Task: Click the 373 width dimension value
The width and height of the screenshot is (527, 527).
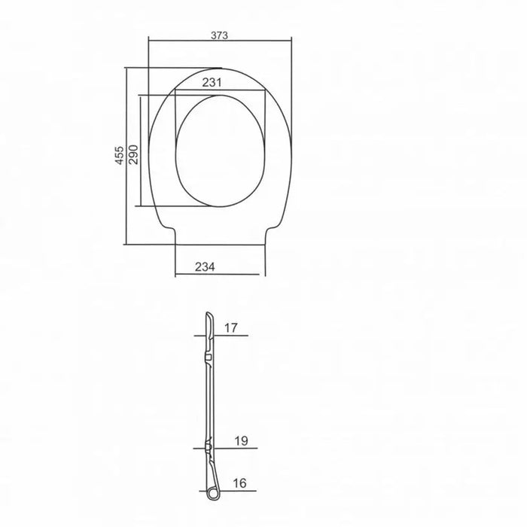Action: point(219,35)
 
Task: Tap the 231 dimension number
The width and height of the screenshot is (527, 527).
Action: point(212,83)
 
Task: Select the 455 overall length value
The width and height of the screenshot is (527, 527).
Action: point(120,155)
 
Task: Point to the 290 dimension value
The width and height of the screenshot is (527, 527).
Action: point(134,154)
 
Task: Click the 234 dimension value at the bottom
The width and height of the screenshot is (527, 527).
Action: point(205,267)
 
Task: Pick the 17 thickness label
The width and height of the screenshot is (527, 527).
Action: point(231,327)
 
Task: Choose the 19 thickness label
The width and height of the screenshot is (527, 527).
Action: point(241,440)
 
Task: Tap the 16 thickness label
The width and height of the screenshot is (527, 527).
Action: point(239,483)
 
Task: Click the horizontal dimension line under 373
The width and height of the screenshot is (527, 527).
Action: point(220,41)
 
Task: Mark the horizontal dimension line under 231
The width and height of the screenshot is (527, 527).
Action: point(220,90)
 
